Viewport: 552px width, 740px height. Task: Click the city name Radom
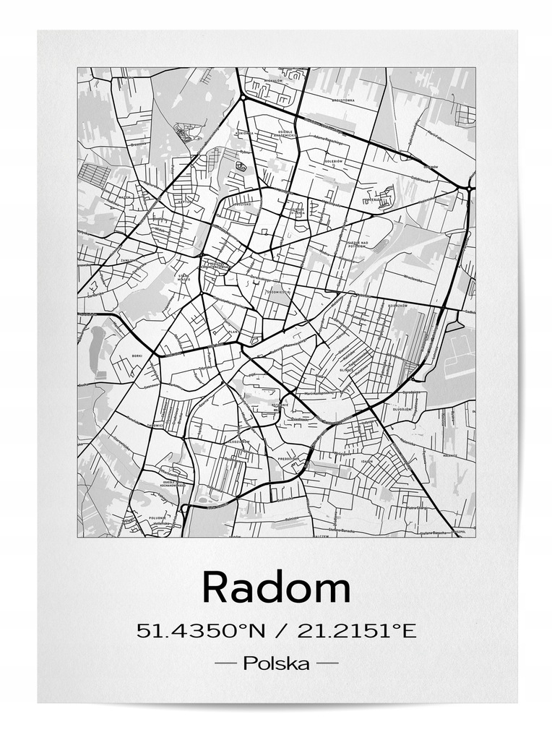[x=275, y=586]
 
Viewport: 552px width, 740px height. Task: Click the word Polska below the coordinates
[x=277, y=663]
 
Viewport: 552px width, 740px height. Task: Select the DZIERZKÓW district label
[x=400, y=304]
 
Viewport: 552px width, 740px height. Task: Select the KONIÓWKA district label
[x=243, y=133]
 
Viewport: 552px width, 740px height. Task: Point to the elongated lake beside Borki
[x=95, y=346]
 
